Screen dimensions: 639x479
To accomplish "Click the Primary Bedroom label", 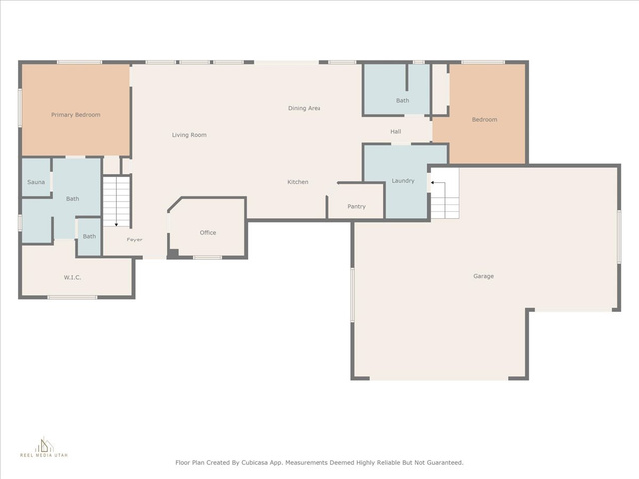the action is pyautogui.click(x=76, y=115).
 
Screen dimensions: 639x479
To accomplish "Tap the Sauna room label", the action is pyautogui.click(x=36, y=182).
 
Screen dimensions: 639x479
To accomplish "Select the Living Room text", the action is pyautogui.click(x=189, y=135).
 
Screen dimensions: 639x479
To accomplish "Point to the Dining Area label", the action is pyautogui.click(x=304, y=108).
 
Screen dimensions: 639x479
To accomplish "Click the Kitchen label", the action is pyautogui.click(x=298, y=182).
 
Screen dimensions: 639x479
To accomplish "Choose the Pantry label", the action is pyautogui.click(x=357, y=207).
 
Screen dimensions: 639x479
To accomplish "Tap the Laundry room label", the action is pyautogui.click(x=403, y=181).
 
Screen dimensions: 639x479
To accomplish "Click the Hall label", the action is pyautogui.click(x=396, y=131).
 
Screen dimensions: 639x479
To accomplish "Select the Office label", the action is pyautogui.click(x=208, y=233).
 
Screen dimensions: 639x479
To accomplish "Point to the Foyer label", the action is pyautogui.click(x=134, y=239).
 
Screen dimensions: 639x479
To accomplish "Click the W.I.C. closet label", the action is pyautogui.click(x=72, y=277).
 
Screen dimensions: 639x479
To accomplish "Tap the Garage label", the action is pyautogui.click(x=483, y=276).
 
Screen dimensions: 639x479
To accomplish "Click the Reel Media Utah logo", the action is pyautogui.click(x=44, y=447).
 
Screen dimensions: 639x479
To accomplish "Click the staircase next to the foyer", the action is pyautogui.click(x=116, y=201).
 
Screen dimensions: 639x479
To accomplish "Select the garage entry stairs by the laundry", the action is pyautogui.click(x=445, y=194).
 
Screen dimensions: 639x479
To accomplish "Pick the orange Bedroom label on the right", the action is pyautogui.click(x=484, y=120).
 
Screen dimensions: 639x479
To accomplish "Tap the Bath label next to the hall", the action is pyautogui.click(x=403, y=100).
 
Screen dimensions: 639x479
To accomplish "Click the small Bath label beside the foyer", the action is pyautogui.click(x=89, y=236).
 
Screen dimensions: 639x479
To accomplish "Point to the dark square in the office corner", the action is pyautogui.click(x=173, y=253).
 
